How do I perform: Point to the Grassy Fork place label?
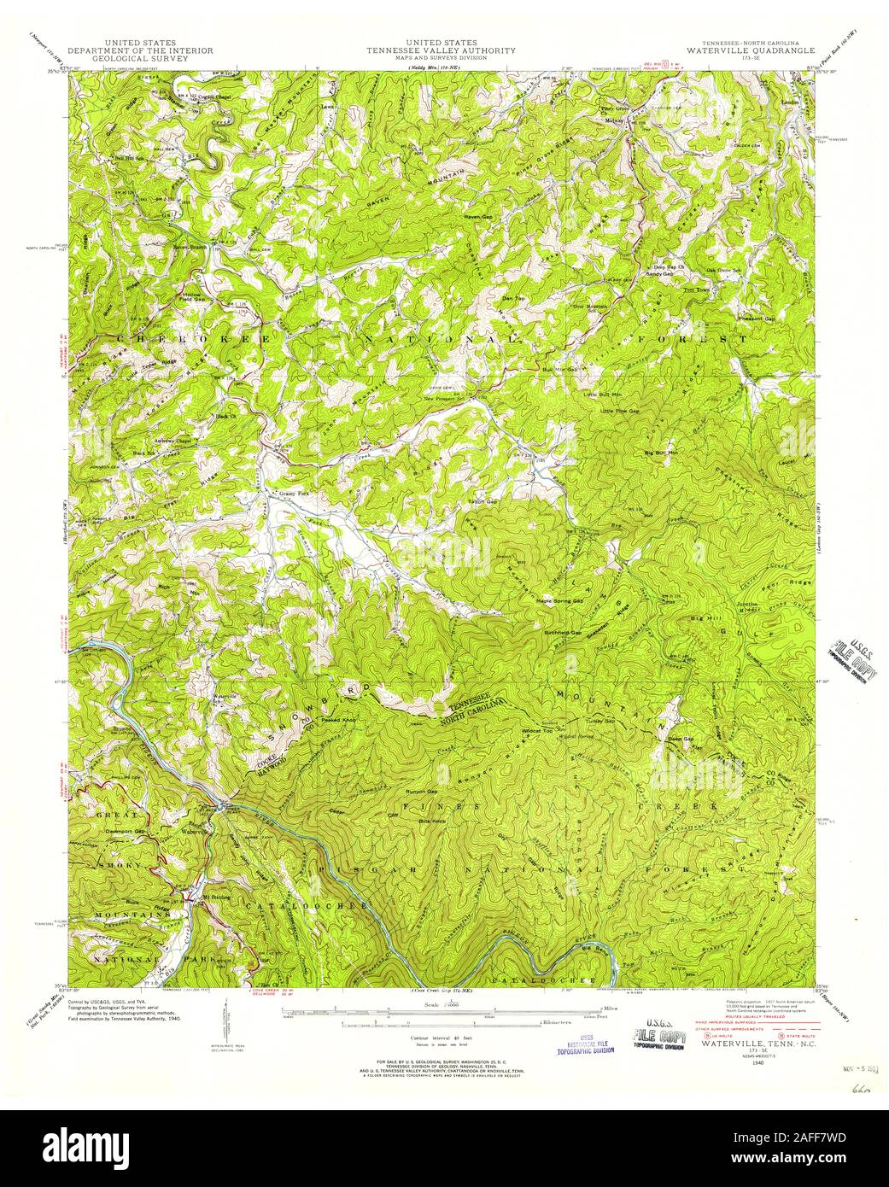coord(290,494)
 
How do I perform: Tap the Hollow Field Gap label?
coord(192,295)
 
